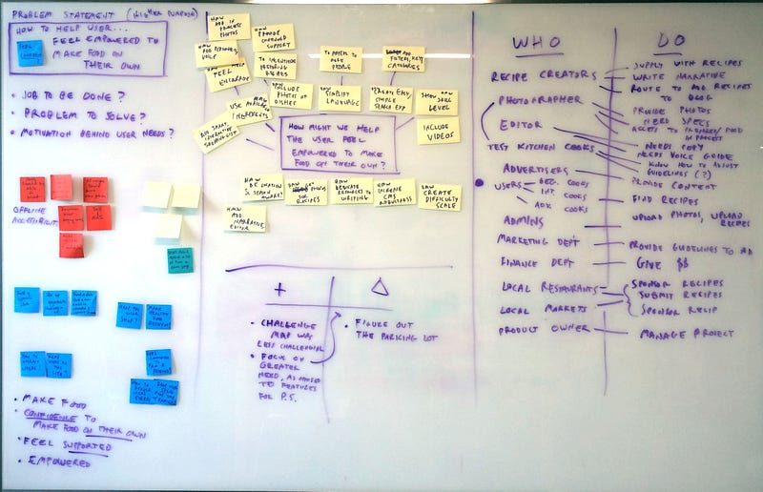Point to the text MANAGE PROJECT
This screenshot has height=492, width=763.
(687, 334)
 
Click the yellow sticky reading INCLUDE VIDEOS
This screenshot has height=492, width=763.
(438, 130)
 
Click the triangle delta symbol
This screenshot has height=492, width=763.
(379, 285)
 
